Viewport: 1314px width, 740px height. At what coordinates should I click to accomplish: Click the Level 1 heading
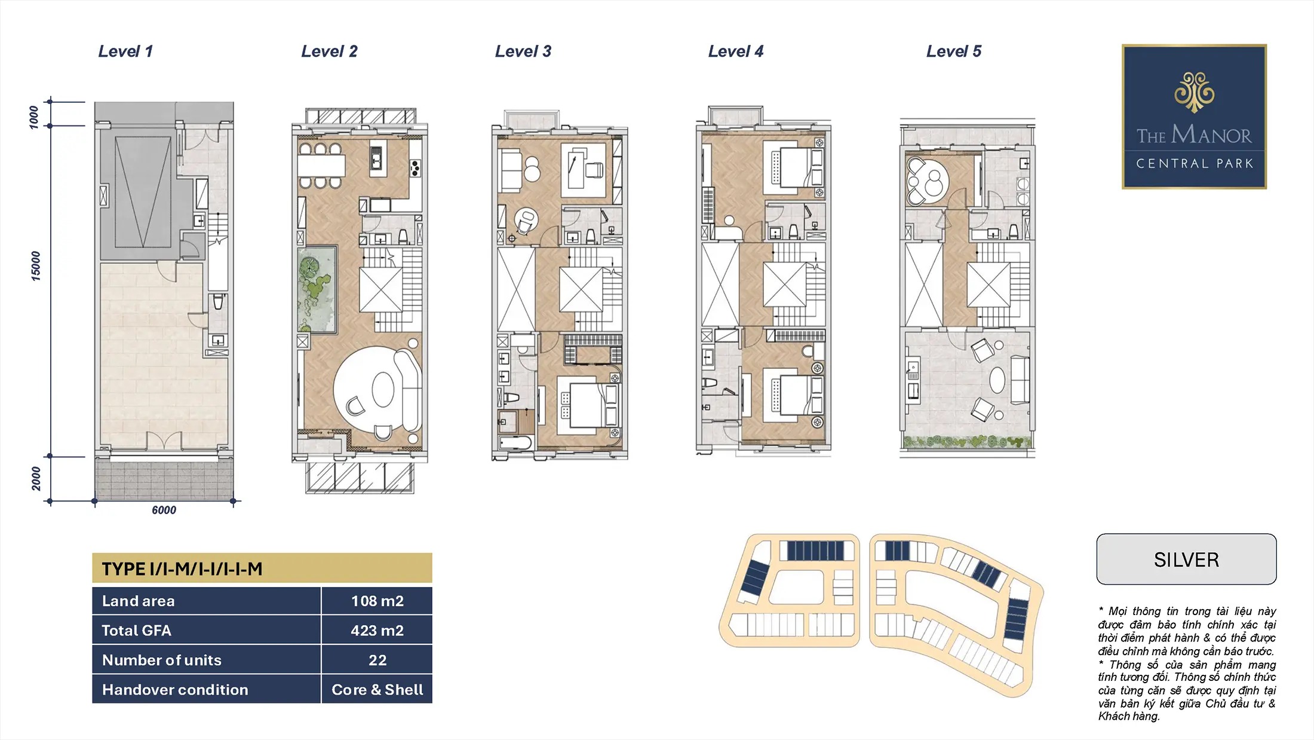tap(125, 51)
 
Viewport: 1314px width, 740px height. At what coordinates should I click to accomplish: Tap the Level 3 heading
tap(523, 51)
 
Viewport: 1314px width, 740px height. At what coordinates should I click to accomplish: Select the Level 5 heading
tap(954, 51)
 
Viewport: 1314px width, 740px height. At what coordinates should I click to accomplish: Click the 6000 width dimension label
tap(164, 510)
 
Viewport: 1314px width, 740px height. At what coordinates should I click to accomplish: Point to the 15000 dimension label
tap(36, 266)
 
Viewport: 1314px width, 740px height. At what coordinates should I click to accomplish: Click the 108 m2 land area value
tap(377, 601)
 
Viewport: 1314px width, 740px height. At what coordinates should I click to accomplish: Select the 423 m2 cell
tap(377, 630)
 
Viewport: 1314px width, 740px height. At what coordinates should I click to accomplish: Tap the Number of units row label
tap(162, 660)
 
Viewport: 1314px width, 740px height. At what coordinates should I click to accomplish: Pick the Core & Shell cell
tap(377, 689)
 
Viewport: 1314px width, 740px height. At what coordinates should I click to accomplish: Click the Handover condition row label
tap(175, 689)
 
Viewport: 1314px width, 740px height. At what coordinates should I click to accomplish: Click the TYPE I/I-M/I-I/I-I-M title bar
tap(262, 568)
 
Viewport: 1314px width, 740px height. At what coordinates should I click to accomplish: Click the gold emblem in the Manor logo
tap(1195, 92)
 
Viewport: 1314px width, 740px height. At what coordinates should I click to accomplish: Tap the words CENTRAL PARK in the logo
tap(1195, 163)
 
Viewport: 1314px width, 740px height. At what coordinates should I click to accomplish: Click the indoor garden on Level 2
tap(317, 289)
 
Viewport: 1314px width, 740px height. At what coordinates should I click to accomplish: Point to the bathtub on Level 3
tap(515, 443)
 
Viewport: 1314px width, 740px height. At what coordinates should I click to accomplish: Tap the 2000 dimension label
tap(36, 479)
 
